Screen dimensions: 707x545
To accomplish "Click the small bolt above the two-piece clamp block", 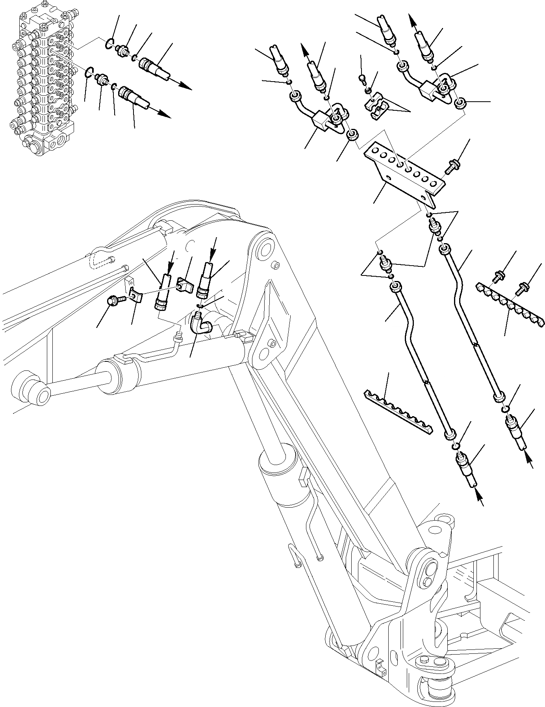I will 363,80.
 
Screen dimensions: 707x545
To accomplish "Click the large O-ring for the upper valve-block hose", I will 110,43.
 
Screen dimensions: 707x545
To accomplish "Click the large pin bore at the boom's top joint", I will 265,251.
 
